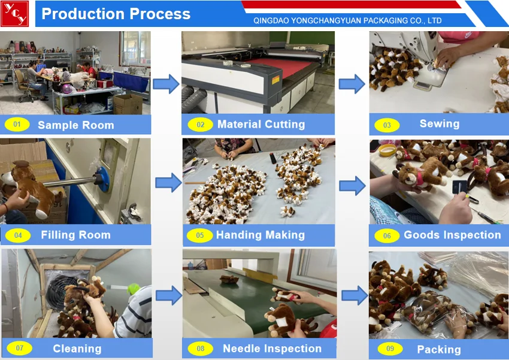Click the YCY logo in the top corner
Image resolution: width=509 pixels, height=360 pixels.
click(x=14, y=14)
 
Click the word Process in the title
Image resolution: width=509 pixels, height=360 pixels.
click(x=154, y=14)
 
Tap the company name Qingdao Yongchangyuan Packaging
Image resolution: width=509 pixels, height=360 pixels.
click(x=347, y=20)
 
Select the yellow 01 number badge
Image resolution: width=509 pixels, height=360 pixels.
click(x=17, y=125)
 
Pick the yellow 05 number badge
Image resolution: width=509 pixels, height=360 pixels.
click(x=199, y=235)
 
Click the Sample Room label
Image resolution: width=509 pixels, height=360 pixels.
click(x=75, y=125)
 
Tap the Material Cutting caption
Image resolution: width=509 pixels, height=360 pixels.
click(x=260, y=125)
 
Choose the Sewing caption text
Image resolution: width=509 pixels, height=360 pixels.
click(x=439, y=124)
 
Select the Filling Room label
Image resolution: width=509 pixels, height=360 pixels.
click(x=75, y=235)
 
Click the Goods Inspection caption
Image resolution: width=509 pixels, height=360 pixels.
click(x=452, y=235)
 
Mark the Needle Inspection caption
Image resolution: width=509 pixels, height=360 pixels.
click(x=272, y=349)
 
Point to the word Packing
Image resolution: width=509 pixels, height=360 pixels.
click(x=439, y=349)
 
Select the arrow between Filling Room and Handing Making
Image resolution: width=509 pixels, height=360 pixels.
click(x=168, y=182)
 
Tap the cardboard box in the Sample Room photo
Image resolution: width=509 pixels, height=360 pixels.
click(x=128, y=104)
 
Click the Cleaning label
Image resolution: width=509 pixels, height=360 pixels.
click(x=77, y=349)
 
